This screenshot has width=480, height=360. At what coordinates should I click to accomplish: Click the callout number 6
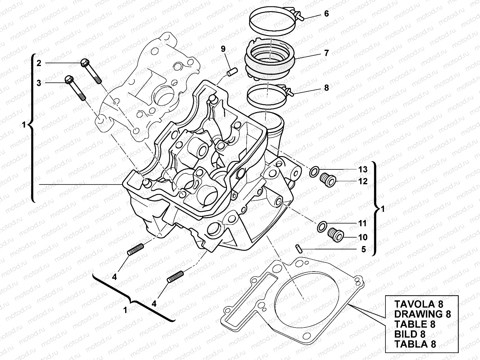(x=326, y=14)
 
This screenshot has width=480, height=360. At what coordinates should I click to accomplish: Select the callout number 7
(x=326, y=53)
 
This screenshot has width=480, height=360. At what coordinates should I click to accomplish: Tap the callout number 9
(x=223, y=48)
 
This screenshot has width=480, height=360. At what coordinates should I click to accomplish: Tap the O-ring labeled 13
(x=314, y=172)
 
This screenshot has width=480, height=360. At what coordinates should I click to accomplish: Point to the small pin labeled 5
(x=298, y=248)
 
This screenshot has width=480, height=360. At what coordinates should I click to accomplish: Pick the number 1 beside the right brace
(x=382, y=209)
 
